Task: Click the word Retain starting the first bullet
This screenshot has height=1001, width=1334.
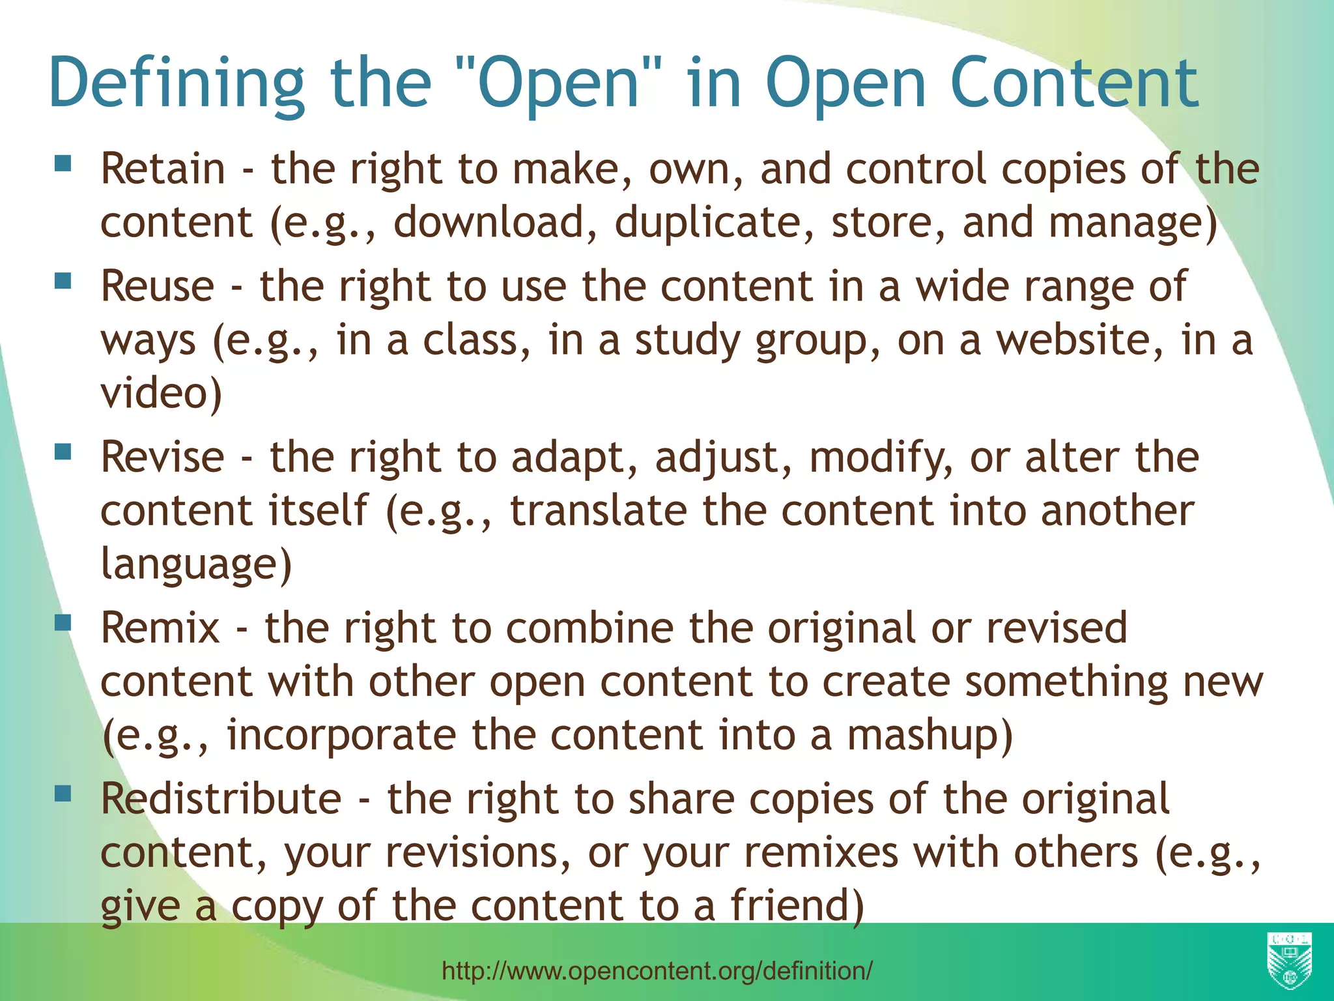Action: [163, 169]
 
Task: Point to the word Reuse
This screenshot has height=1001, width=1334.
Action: [157, 286]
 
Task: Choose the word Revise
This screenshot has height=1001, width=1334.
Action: [162, 457]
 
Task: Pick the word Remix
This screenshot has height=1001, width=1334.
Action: [160, 628]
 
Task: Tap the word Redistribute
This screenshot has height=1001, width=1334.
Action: [221, 799]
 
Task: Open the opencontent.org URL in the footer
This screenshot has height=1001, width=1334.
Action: [657, 971]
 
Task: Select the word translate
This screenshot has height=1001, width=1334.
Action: [598, 510]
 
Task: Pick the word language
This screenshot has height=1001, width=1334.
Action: [195, 564]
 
